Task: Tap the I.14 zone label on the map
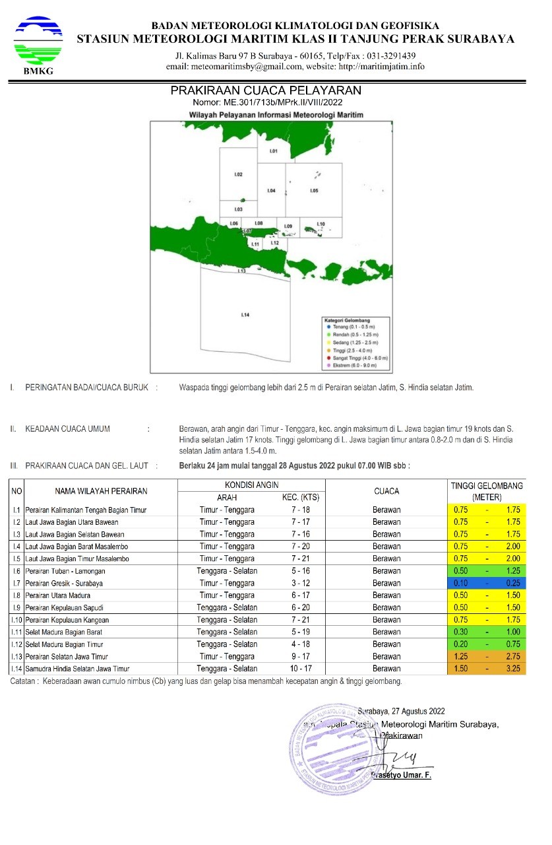coord(245,315)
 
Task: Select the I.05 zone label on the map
coord(314,191)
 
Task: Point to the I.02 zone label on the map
coord(239,174)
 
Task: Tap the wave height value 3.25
coord(513,669)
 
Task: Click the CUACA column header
coord(386,491)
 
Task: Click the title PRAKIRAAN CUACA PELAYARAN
coord(266,90)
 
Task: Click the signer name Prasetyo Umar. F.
coord(401,775)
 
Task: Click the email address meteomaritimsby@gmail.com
coord(252,67)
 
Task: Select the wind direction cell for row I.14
coord(227,669)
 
